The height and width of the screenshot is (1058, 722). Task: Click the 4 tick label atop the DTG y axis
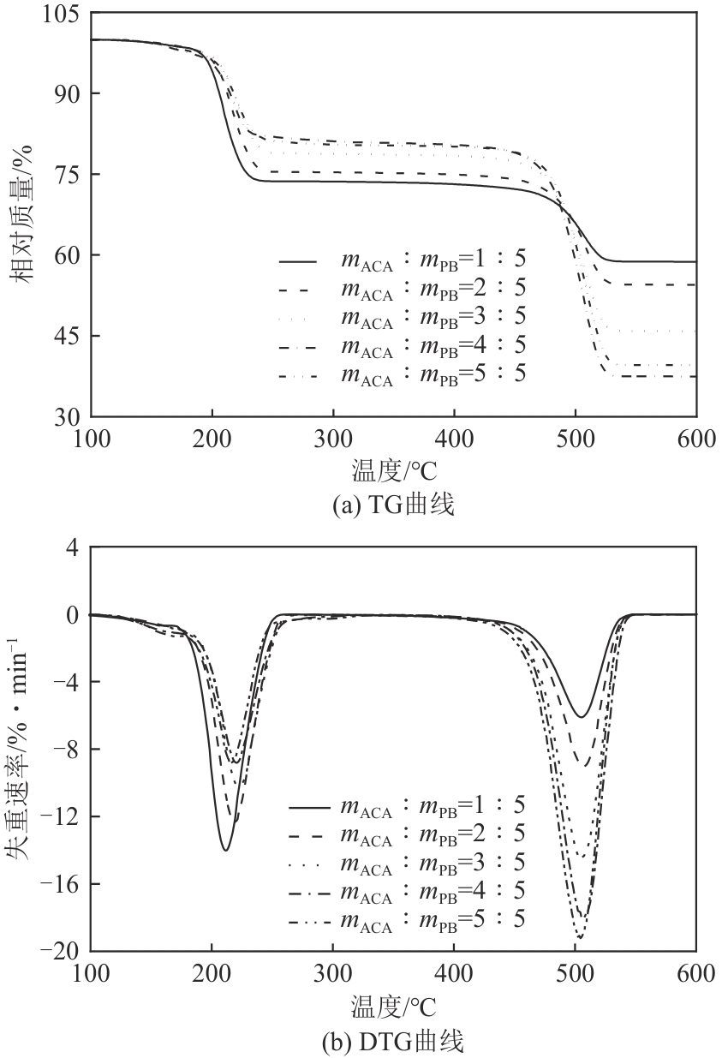coord(74,547)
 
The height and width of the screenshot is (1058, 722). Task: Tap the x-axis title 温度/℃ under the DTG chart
coord(393,1002)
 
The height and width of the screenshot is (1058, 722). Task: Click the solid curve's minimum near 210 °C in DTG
coord(225,850)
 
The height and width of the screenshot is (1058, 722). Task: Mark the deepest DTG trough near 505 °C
coord(580,938)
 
